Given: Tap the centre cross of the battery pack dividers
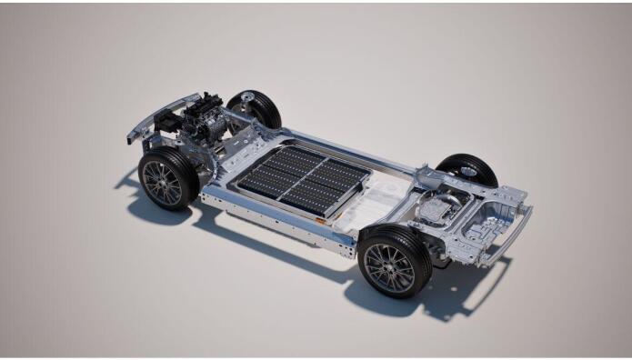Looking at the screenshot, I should pyautogui.click(x=301, y=179).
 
